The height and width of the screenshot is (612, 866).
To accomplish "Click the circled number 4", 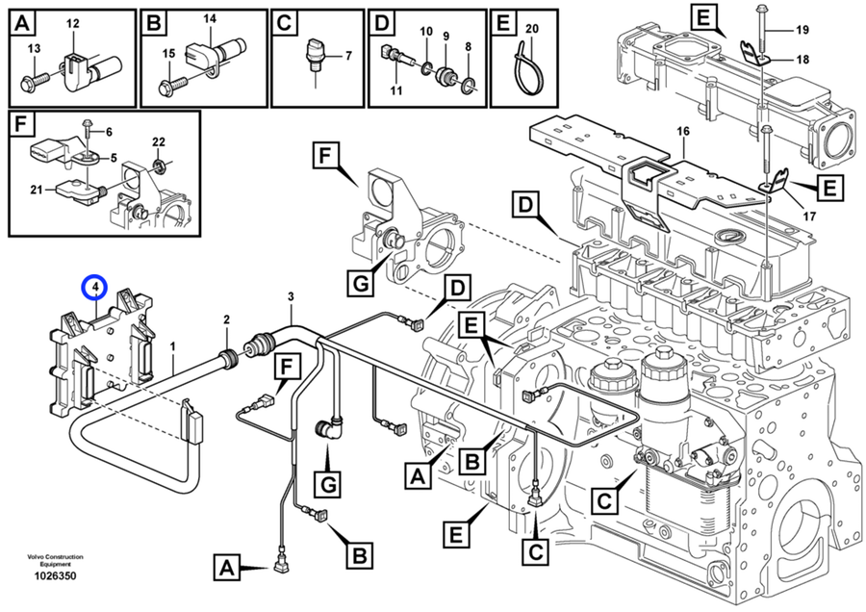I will [x=94, y=286].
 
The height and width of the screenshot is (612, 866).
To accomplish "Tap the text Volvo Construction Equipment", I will [x=55, y=560].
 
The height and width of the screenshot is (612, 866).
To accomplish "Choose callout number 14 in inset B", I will [x=211, y=19].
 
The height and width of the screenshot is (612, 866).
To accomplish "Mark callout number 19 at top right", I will [x=802, y=30].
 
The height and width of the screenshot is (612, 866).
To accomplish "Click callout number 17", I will [x=807, y=217].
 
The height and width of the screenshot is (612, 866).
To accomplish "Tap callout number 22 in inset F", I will [x=160, y=141].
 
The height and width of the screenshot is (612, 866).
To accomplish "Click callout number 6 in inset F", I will [x=108, y=131].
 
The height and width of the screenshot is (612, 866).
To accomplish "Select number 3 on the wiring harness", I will [x=291, y=296].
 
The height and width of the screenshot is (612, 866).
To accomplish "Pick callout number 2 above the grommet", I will [x=227, y=319].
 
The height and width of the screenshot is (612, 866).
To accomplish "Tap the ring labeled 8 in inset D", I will [x=467, y=88].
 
